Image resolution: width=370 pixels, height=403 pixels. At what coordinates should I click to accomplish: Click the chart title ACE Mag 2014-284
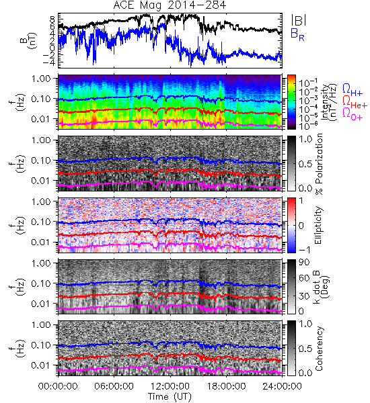[x=170, y=5]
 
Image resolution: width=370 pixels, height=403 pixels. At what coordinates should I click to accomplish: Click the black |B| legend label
[x=299, y=20]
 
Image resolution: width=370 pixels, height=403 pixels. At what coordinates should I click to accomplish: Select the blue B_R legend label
[x=297, y=35]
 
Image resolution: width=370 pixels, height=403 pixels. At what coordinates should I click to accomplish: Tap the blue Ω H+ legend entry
[x=353, y=90]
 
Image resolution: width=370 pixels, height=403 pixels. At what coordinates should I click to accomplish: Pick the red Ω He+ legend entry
[x=355, y=102]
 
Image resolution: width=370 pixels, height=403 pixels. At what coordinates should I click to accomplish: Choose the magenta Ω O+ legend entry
[x=353, y=114]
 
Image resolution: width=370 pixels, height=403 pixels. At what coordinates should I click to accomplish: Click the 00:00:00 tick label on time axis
[x=58, y=386]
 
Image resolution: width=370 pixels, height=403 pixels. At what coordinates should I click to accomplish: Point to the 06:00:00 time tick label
[x=114, y=386]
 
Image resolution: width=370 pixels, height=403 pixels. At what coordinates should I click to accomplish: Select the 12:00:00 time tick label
[x=170, y=386]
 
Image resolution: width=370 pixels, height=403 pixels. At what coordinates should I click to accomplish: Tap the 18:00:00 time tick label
[x=226, y=386]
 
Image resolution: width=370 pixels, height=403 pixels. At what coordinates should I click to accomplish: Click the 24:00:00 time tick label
[x=282, y=386]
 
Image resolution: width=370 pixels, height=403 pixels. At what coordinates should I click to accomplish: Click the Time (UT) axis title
[x=170, y=397]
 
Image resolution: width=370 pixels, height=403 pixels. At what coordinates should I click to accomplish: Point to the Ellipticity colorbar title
[x=318, y=225]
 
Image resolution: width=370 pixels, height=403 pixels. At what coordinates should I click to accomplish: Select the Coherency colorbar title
[x=319, y=349]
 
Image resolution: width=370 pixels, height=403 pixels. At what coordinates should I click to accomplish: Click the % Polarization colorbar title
[x=319, y=164]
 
